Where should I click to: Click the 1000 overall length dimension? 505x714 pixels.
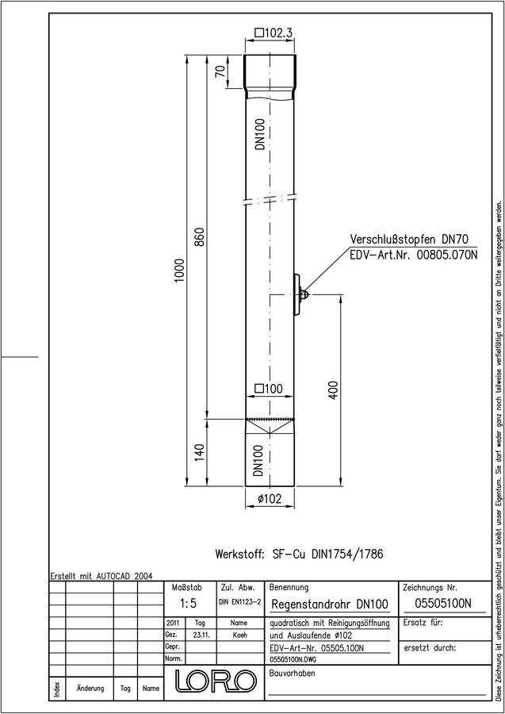(x=180, y=271)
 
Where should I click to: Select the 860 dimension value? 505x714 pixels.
(x=201, y=236)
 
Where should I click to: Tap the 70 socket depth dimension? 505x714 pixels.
(x=220, y=71)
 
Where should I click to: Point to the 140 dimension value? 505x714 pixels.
(x=201, y=452)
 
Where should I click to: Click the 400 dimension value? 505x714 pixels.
(x=334, y=390)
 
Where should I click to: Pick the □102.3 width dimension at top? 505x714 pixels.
(x=273, y=33)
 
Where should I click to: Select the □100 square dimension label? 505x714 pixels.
(x=269, y=389)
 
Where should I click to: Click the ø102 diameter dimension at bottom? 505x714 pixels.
(x=270, y=499)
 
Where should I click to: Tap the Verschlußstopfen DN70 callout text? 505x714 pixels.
(x=409, y=239)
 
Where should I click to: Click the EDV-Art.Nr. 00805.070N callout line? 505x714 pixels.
(x=414, y=255)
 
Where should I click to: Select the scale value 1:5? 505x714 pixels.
(x=188, y=604)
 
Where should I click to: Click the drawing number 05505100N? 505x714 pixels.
(x=443, y=604)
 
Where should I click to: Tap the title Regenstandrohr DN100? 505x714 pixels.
(x=330, y=605)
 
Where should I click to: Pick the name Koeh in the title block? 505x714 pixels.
(x=239, y=635)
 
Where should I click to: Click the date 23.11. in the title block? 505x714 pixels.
(x=201, y=635)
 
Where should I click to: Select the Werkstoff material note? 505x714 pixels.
(x=300, y=555)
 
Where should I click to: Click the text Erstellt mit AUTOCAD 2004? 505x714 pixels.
(x=101, y=576)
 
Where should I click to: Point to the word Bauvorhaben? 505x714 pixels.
(x=292, y=673)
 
